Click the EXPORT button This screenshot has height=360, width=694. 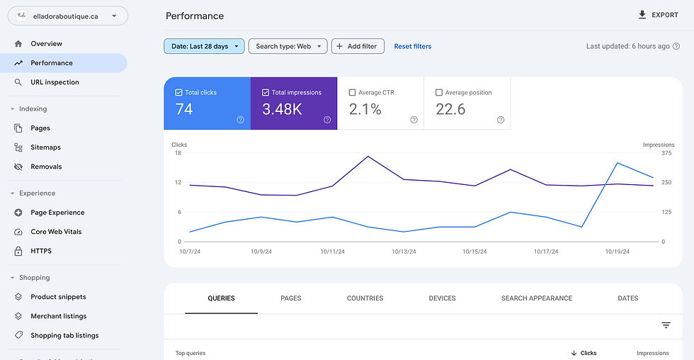coord(658,15)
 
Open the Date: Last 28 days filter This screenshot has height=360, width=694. coord(204,46)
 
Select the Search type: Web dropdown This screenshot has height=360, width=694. coord(288,46)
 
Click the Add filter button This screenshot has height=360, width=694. coord(358,46)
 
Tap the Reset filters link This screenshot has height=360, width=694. coord(412,46)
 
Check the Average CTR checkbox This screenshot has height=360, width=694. coord(353,92)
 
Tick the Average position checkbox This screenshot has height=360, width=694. coord(439,92)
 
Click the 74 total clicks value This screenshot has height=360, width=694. coord(184,109)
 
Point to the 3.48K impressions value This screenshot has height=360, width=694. coord(282,109)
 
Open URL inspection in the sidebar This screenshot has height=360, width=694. coord(55,82)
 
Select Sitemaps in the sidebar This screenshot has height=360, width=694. coord(45,147)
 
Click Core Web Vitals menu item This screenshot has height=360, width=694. coord(56,232)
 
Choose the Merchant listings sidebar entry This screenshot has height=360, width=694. coord(58,316)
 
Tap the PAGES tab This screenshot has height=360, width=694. coord(290,298)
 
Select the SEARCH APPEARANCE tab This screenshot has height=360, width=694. coord(536,298)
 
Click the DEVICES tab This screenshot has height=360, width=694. coord(442,298)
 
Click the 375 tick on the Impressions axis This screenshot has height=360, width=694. coord(666,153)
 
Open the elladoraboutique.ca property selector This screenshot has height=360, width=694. coord(68,16)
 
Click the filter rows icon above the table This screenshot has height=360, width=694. coord(666,325)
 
